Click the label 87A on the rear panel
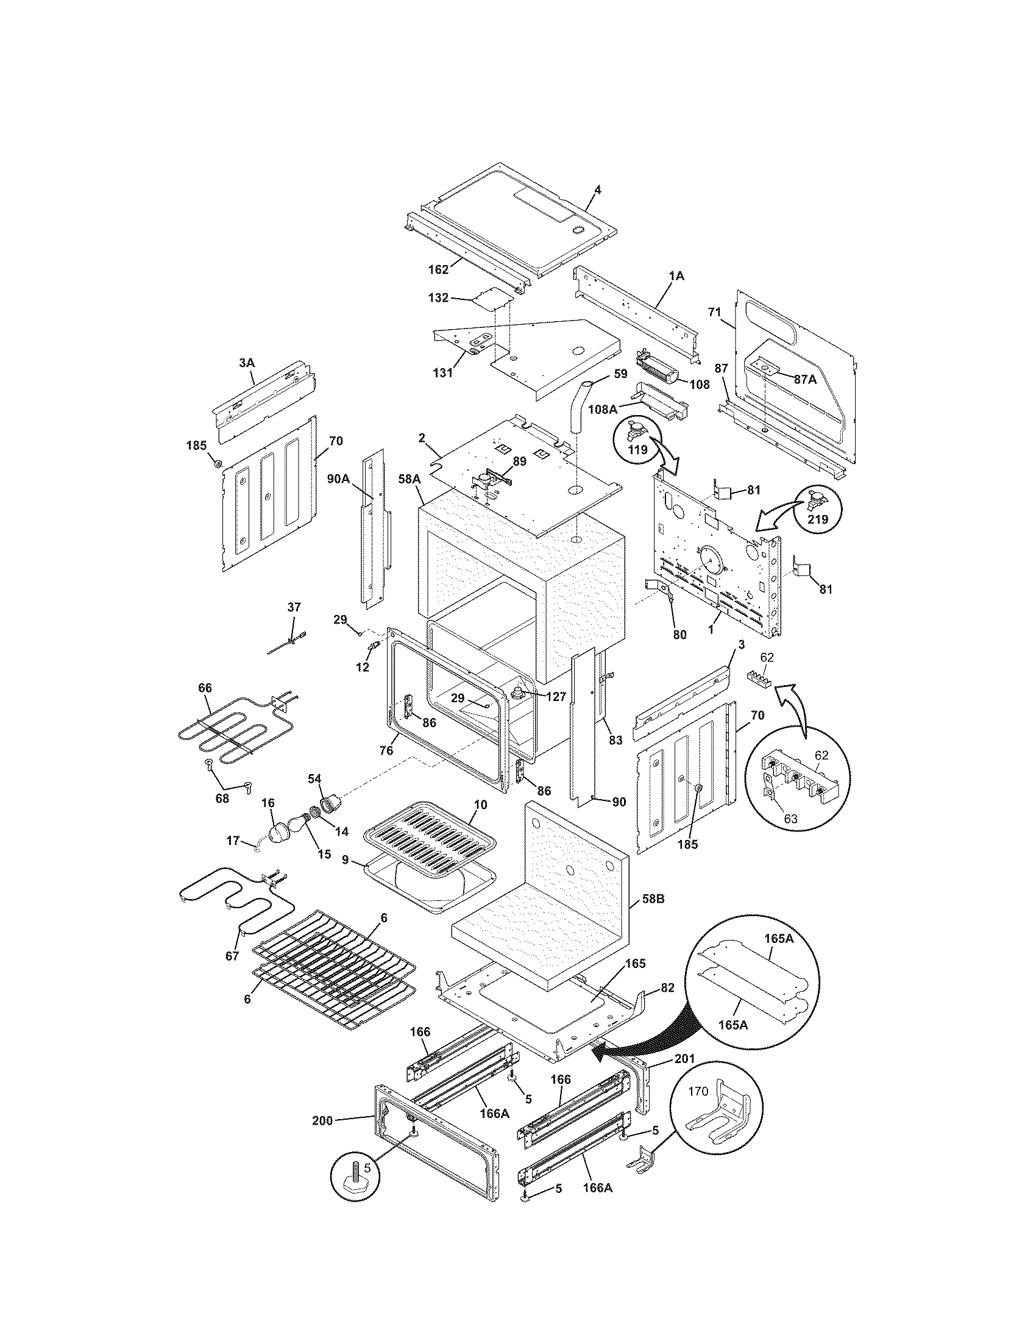coord(805,380)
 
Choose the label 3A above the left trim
coord(246,363)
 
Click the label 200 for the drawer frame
coord(322,1120)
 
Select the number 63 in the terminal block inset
coord(791,819)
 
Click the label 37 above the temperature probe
coord(294,607)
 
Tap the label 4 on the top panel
coord(598,191)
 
